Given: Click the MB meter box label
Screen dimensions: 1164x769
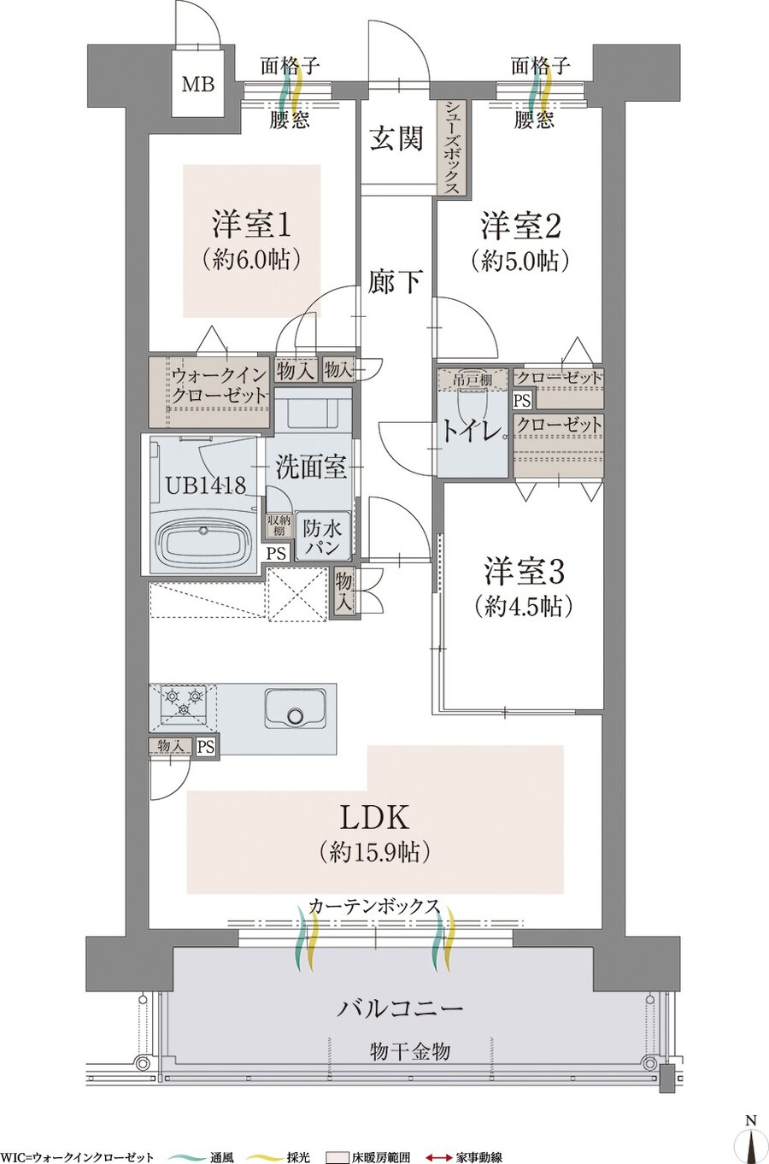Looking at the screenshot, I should click(197, 85).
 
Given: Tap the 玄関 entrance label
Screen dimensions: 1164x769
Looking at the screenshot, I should click(396, 139).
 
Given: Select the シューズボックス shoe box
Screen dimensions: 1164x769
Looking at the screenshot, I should click(452, 147).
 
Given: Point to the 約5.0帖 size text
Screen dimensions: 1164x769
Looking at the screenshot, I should click(520, 261).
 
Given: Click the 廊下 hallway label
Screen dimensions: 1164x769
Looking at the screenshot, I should click(396, 280).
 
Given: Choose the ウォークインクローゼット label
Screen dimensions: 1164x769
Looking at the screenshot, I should click(220, 386).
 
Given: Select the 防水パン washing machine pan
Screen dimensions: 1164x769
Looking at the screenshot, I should click(321, 538).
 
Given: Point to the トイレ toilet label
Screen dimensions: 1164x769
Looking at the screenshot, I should click(470, 432).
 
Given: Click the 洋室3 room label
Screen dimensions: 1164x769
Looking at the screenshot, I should click(524, 570).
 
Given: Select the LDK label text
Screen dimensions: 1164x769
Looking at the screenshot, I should click(375, 817).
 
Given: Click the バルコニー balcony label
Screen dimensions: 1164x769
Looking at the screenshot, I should click(400, 1008).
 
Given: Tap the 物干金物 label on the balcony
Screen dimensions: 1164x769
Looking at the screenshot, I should click(409, 1051).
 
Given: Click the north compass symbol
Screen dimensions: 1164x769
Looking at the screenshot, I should click(750, 1141).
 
